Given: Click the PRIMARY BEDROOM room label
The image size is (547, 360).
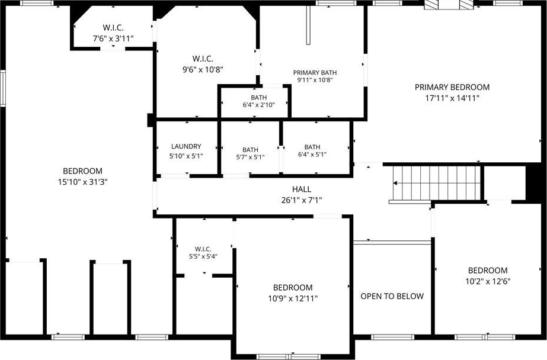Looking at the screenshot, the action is pyautogui.click(x=452, y=87).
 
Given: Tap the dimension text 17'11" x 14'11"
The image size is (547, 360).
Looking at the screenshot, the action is pyautogui.click(x=452, y=98).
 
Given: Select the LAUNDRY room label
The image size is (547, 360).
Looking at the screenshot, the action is pyautogui.click(x=186, y=146).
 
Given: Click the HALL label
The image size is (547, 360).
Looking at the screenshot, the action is pyautogui.click(x=302, y=189).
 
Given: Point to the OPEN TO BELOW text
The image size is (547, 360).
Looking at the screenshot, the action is pyautogui.click(x=392, y=296).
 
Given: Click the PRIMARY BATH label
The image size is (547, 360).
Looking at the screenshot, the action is pyautogui.click(x=315, y=72).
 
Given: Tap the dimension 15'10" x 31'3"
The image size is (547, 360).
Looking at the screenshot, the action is pyautogui.click(x=83, y=182).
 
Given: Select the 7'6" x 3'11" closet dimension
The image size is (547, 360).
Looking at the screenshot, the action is pyautogui.click(x=113, y=38).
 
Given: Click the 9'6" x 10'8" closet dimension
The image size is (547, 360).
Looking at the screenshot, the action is pyautogui.click(x=203, y=70).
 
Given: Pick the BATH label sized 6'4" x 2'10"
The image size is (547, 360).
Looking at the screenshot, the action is pyautogui.click(x=259, y=98).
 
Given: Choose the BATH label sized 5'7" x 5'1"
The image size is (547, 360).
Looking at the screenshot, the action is pyautogui.click(x=251, y=150).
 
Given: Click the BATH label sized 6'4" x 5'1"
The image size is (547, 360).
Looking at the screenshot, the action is pyautogui.click(x=312, y=147).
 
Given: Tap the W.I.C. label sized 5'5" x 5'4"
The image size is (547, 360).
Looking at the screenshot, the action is pyautogui.click(x=203, y=249).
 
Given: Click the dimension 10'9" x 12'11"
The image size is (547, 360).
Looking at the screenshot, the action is pyautogui.click(x=293, y=298).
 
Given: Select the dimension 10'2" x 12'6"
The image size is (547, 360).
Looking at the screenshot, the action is pyautogui.click(x=488, y=281).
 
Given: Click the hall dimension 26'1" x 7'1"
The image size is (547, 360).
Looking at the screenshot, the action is pyautogui.click(x=302, y=200).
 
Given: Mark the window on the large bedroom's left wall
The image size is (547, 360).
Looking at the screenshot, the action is pyautogui.click(x=3, y=88).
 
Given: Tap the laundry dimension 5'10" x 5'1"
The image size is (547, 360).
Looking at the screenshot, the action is pyautogui.click(x=186, y=156).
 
